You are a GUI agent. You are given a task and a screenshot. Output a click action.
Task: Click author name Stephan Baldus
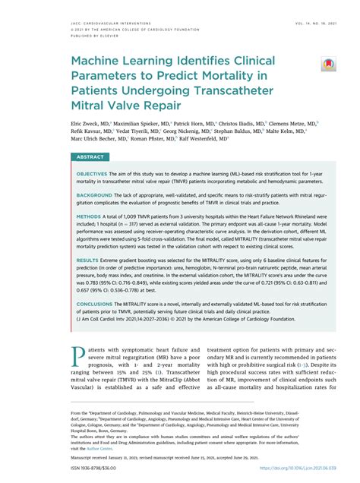244,131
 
